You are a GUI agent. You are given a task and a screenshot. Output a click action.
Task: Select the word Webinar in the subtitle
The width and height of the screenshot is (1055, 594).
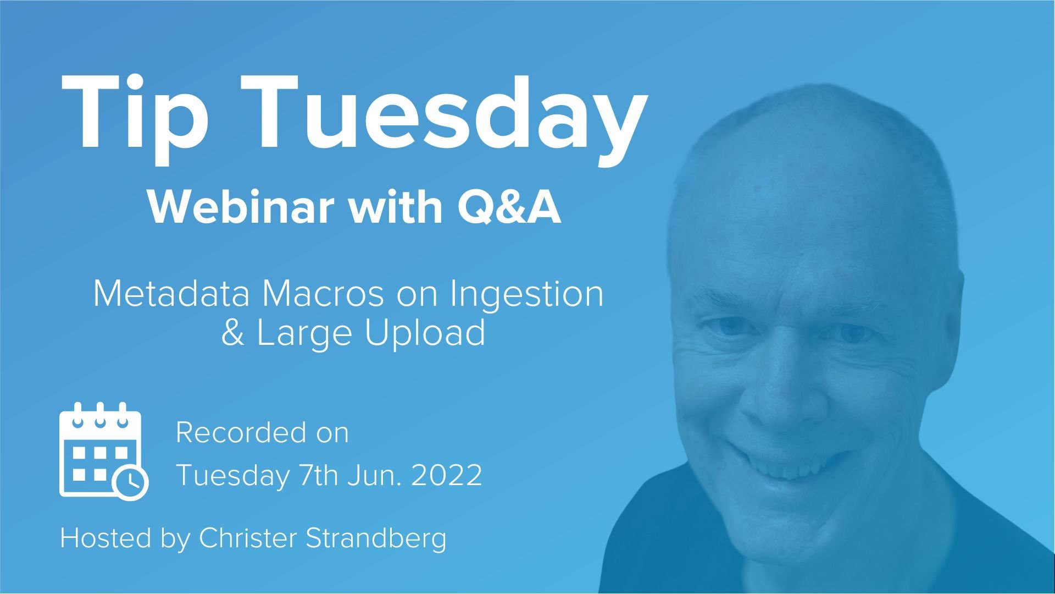[x=241, y=207]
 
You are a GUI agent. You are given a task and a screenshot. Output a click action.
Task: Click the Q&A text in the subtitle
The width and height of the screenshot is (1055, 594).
[x=509, y=207]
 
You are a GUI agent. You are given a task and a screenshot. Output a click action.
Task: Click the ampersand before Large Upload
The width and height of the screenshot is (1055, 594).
[x=233, y=333]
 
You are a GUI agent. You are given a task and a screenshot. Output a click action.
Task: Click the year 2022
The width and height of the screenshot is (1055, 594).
[x=447, y=475]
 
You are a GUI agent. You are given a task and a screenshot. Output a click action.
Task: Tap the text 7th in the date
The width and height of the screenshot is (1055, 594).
[x=319, y=475]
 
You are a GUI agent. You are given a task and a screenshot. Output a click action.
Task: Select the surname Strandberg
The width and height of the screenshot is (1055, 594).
[x=376, y=538]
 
